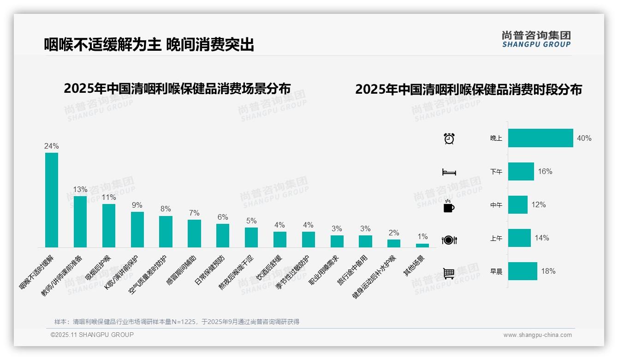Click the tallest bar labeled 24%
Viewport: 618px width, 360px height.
coord(52,200)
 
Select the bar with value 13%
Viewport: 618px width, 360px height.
coord(80,222)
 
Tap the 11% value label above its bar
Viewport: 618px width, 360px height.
coord(109,197)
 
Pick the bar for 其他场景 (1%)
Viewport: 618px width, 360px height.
coord(422,246)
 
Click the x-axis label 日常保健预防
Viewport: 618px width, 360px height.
coord(210,270)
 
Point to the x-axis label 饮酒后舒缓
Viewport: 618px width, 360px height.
coord(269,268)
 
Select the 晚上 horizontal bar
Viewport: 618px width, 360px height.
coord(541,138)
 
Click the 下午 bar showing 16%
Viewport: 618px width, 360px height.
coord(521,171)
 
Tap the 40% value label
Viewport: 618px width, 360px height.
coord(584,138)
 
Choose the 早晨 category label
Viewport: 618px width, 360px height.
coord(496,271)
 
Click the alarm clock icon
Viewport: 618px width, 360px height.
coord(449,138)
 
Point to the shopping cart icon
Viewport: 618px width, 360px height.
coord(449,273)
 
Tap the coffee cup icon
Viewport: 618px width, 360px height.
coord(449,206)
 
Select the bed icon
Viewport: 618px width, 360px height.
coord(449,172)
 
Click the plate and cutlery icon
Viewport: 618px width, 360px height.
coord(449,240)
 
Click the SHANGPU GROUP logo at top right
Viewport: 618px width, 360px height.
coord(536,39)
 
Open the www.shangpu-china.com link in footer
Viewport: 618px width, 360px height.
coord(537,335)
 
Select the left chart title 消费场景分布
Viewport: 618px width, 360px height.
coord(177,88)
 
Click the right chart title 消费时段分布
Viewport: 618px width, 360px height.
coord(468,89)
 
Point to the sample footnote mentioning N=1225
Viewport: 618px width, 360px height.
coord(177,322)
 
